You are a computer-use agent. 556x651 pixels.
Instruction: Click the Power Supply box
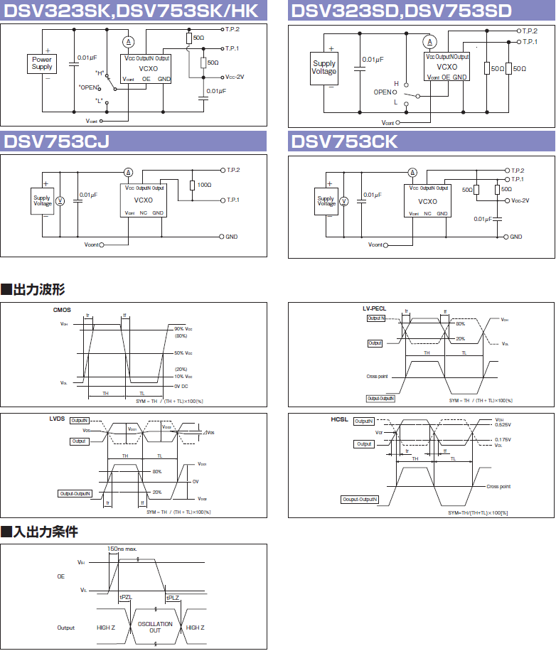[42, 63]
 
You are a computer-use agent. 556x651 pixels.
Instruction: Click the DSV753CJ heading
[57, 141]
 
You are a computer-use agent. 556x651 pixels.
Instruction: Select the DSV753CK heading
[344, 141]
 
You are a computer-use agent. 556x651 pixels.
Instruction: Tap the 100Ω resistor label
[204, 185]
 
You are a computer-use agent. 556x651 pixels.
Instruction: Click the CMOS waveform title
[62, 310]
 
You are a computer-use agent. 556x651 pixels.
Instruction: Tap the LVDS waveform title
[57, 419]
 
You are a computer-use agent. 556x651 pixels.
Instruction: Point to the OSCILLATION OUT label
[155, 628]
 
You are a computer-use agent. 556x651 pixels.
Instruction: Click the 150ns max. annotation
[127, 549]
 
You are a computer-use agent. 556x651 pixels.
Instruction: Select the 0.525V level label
[503, 425]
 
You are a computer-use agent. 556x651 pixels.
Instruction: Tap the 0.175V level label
[503, 440]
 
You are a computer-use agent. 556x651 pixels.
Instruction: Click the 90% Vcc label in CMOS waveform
[183, 329]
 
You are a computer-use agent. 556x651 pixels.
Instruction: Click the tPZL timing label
[126, 598]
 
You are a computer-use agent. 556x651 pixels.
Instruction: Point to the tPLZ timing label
[173, 598]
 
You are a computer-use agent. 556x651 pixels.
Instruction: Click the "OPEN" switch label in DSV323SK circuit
[90, 87]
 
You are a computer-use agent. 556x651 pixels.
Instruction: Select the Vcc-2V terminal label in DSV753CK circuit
[520, 200]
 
